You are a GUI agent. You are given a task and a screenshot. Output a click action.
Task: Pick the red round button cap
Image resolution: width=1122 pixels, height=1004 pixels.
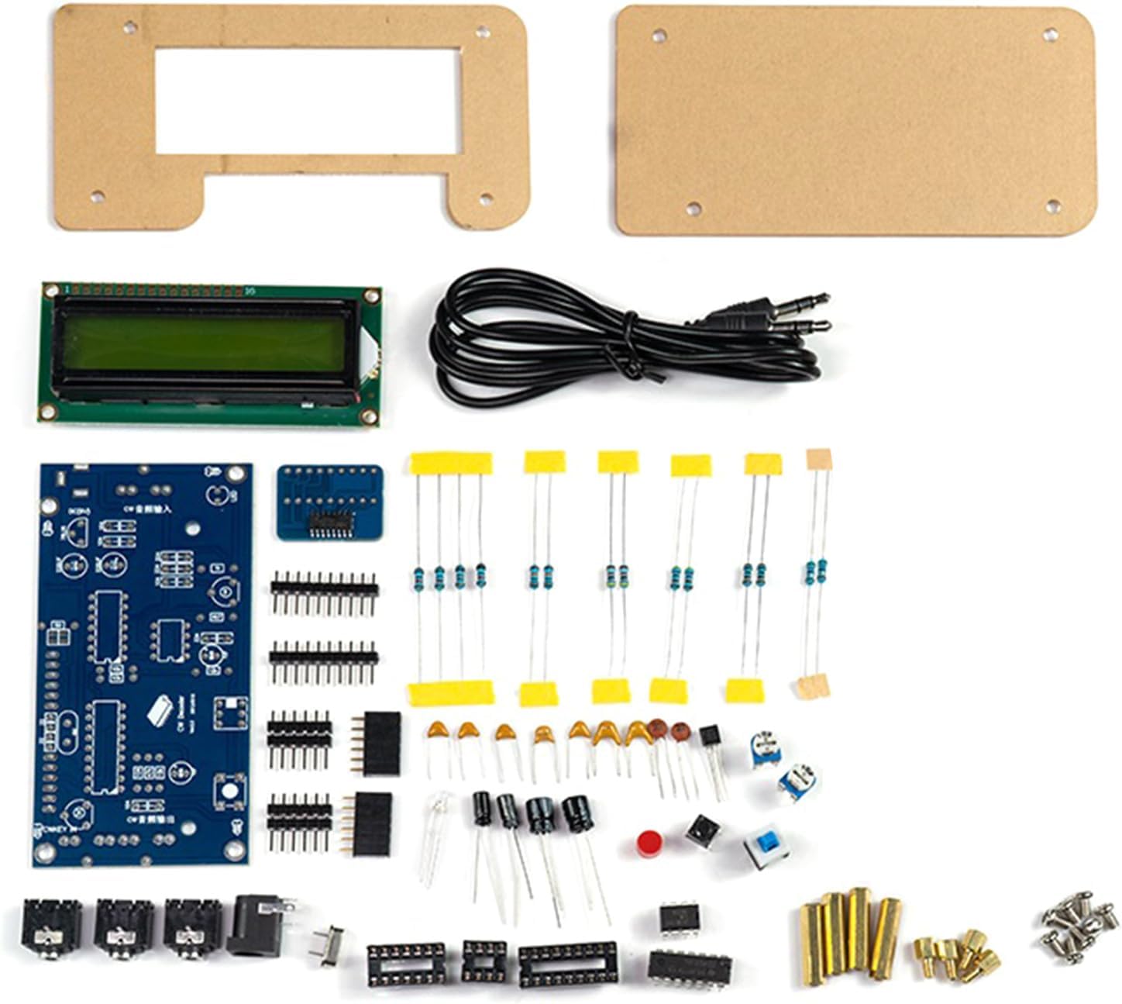(x=649, y=843)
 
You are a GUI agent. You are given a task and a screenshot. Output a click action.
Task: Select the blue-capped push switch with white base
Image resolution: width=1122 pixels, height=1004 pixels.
(x=766, y=847)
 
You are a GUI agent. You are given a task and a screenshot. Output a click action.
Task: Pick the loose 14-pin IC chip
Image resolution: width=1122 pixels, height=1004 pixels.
(x=690, y=966)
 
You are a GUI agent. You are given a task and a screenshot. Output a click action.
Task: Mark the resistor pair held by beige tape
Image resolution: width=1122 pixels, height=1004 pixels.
(x=816, y=572)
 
